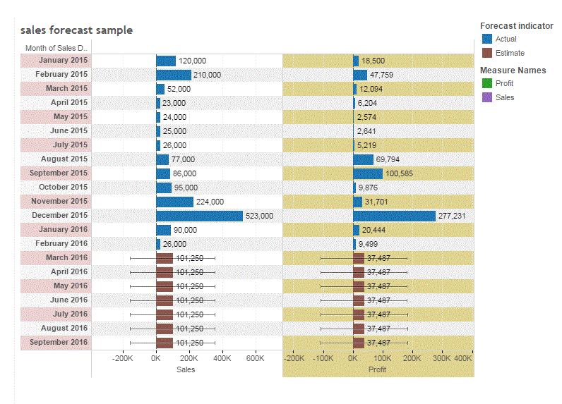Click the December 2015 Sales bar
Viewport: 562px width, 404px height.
point(199,216)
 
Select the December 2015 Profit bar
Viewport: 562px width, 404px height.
point(394,216)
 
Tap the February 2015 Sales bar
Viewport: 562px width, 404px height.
point(174,75)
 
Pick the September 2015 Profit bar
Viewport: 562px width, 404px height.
point(368,173)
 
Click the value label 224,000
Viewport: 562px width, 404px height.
point(210,202)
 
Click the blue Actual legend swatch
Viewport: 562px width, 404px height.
point(486,39)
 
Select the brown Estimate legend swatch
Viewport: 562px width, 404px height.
point(486,53)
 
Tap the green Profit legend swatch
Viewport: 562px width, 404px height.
point(486,83)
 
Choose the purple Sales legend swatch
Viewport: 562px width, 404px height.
point(486,97)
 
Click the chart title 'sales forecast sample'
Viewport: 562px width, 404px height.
point(76,30)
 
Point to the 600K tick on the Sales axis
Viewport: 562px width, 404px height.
point(255,358)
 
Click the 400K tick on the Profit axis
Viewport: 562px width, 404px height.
point(463,358)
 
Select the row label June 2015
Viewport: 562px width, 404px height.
point(68,130)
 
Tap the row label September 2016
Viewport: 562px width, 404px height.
point(64,342)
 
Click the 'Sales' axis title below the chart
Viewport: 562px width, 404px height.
point(186,369)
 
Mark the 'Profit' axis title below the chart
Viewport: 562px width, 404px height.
point(378,369)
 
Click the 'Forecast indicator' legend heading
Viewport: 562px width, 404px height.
point(516,25)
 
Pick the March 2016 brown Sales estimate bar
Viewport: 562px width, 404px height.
point(165,258)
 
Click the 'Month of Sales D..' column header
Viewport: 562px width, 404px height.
point(56,48)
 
